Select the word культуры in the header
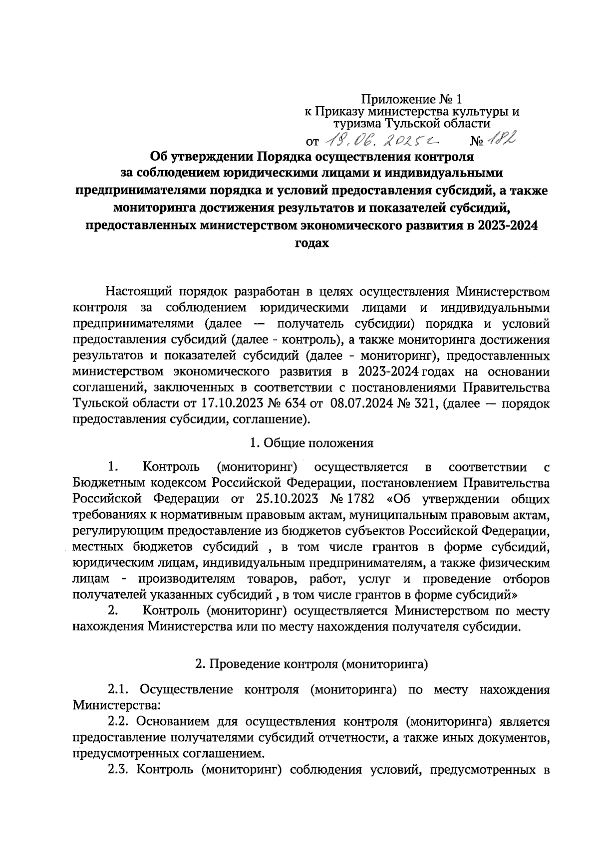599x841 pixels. coord(477,112)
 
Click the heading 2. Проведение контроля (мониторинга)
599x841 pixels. coord(312,664)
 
